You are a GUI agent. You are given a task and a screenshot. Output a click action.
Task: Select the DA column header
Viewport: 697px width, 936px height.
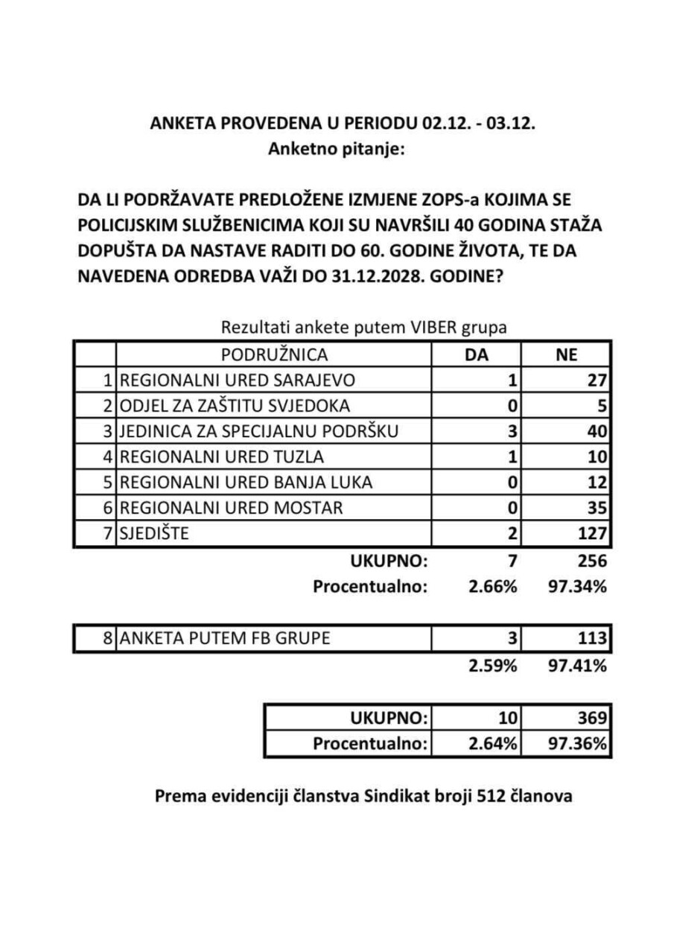tap(476, 354)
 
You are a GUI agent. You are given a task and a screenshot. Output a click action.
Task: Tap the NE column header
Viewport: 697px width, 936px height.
tap(567, 355)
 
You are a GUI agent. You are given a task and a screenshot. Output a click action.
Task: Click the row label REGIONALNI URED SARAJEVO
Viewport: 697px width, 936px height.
tap(238, 381)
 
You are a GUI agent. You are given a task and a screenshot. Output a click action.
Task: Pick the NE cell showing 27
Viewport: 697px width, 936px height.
tap(598, 381)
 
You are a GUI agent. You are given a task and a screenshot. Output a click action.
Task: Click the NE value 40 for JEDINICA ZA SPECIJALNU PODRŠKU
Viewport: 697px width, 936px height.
tap(598, 431)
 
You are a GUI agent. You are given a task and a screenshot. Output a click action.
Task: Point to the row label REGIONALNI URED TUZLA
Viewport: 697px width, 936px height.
tap(223, 456)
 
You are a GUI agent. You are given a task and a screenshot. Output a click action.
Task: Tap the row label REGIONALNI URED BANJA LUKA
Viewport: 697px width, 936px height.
tap(246, 483)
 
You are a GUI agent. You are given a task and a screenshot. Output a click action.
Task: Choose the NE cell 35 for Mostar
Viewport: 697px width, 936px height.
tap(598, 509)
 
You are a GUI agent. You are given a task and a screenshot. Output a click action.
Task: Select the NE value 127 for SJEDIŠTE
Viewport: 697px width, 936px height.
tap(593, 534)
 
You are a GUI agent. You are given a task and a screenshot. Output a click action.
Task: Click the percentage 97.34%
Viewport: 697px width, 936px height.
tap(578, 586)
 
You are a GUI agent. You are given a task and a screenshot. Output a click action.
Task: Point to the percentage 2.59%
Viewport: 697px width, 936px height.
tap(492, 665)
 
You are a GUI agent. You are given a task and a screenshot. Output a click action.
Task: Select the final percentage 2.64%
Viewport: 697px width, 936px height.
tap(492, 743)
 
